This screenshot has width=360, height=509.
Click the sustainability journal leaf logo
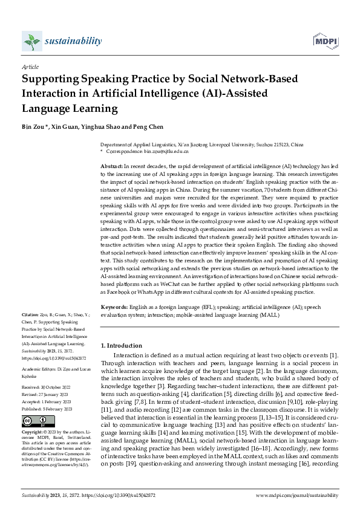click(x=30, y=42)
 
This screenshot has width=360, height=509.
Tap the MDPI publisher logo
click(x=324, y=41)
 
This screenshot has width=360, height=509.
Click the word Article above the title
click(x=30, y=67)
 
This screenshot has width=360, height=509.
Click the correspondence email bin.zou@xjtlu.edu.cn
click(x=162, y=153)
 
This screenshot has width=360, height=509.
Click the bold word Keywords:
click(x=114, y=307)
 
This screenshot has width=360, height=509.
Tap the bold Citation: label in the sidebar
click(x=30, y=315)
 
